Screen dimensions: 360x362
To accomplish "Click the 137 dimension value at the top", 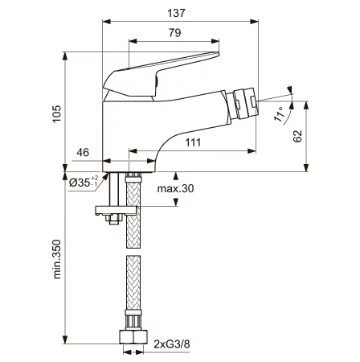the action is tap(176, 13).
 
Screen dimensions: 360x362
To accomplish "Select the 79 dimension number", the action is tap(174, 33).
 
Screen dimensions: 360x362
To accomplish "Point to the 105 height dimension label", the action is tap(57, 113).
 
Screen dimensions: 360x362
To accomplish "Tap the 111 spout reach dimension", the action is tap(193, 142).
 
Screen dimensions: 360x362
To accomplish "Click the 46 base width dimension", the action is tap(83, 152).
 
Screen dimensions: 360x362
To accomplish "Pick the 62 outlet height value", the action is tap(297, 136).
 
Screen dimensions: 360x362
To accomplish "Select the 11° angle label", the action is tap(279, 114).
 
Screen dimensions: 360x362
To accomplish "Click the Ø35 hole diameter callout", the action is tap(84, 183).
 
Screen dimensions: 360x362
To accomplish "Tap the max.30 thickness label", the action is tap(175, 189).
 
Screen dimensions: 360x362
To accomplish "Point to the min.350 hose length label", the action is tap(57, 259).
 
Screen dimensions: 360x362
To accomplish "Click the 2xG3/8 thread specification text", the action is tap(172, 343).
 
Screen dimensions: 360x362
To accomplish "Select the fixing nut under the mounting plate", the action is tap(113, 220).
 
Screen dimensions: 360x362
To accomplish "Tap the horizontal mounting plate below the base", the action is tap(117, 210).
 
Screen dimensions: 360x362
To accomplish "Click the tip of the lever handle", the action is tap(218, 54).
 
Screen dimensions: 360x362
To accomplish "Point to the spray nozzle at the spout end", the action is tap(245, 104).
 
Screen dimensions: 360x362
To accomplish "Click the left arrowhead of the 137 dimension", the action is tap(107, 22).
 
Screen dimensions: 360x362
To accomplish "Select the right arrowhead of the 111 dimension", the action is tap(252, 151).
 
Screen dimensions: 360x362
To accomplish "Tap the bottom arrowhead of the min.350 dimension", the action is tap(65, 339).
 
